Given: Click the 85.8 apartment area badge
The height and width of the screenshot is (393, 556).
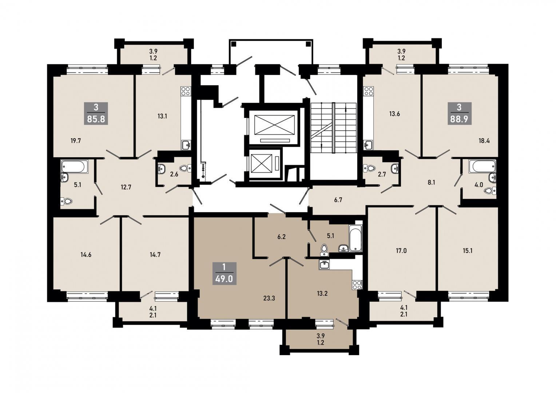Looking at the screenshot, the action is (x=96, y=113).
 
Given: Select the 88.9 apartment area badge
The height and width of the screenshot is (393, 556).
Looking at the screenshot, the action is (x=459, y=113).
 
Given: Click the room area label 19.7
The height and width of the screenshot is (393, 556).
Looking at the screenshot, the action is (x=76, y=141).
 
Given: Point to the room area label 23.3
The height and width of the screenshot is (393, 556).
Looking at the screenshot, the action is (x=269, y=298).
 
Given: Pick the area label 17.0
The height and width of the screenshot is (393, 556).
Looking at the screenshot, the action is (x=401, y=251).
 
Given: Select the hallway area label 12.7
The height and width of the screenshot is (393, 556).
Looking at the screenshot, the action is (x=126, y=187).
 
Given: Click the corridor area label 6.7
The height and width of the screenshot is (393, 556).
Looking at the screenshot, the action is (x=338, y=200).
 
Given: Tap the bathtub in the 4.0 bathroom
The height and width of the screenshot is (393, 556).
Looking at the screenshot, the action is (x=482, y=166).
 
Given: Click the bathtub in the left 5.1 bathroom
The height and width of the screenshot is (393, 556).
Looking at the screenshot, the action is (x=75, y=166).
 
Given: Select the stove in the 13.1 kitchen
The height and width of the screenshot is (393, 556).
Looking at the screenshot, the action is (x=186, y=91).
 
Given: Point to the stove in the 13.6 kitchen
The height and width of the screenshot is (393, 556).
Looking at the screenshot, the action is (x=368, y=91).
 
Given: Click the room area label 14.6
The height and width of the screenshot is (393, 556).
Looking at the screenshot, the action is (x=86, y=254).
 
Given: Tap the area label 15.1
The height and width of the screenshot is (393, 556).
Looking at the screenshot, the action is (x=467, y=251).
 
